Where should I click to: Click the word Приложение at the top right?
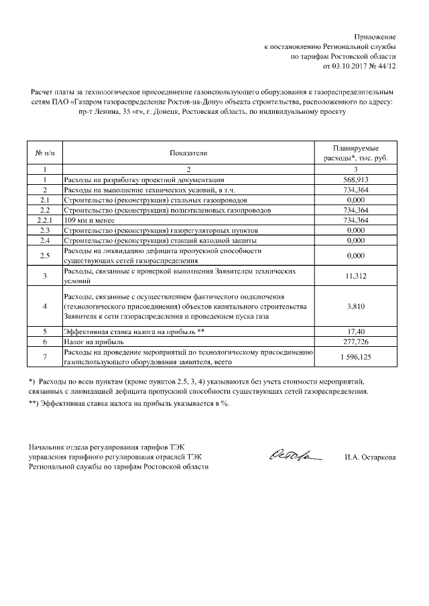[x=376, y=35]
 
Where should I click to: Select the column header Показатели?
[x=188, y=153]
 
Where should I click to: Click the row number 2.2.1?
[x=44, y=220]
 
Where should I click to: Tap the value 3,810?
[x=355, y=306]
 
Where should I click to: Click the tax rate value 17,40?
[x=355, y=331]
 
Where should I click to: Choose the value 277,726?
[x=355, y=342]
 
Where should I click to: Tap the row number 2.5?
[x=44, y=255]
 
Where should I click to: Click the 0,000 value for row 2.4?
[x=355, y=240]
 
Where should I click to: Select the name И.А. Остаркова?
[x=369, y=457]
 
